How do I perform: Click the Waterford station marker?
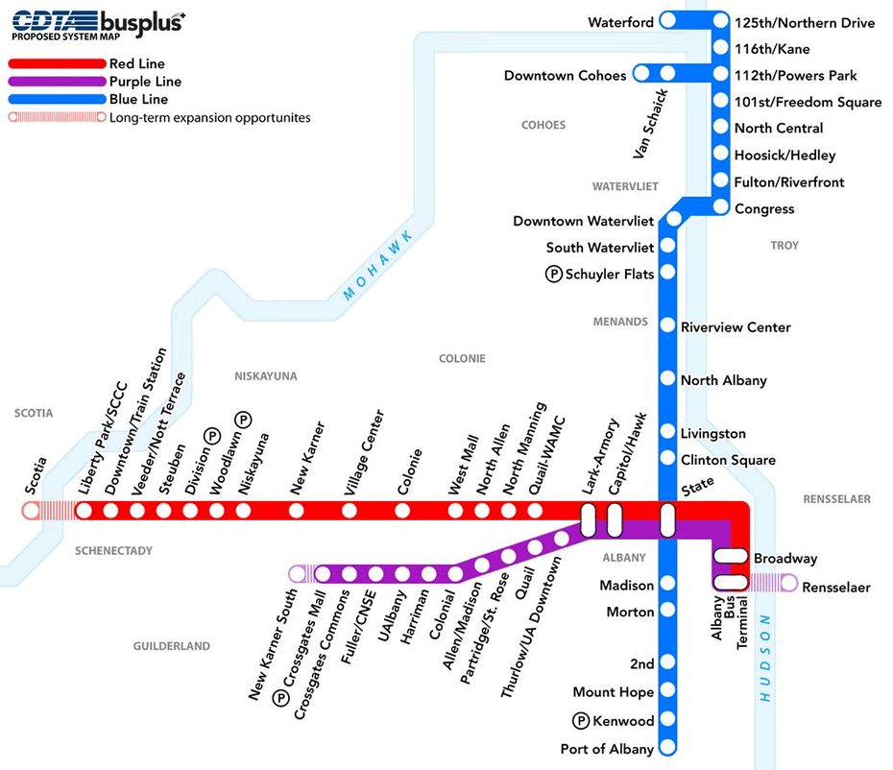point(668,21)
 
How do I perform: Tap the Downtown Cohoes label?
point(565,75)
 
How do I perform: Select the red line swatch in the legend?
point(57,64)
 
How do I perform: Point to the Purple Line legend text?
point(145,82)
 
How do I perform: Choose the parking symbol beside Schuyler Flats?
point(554,274)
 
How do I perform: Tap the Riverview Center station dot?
point(667,326)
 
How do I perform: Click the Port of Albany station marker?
point(667,748)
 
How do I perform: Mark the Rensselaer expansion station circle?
point(788,582)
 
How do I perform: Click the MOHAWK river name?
point(379,267)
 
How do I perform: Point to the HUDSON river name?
point(765,660)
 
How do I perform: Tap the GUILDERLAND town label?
point(172,646)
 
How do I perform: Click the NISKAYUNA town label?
point(266,376)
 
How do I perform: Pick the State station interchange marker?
point(667,519)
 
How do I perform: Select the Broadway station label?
point(785,558)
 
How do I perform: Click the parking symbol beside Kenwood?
point(581,721)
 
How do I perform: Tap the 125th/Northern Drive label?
point(805,22)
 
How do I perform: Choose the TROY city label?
point(784,245)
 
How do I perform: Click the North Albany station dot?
point(667,379)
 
